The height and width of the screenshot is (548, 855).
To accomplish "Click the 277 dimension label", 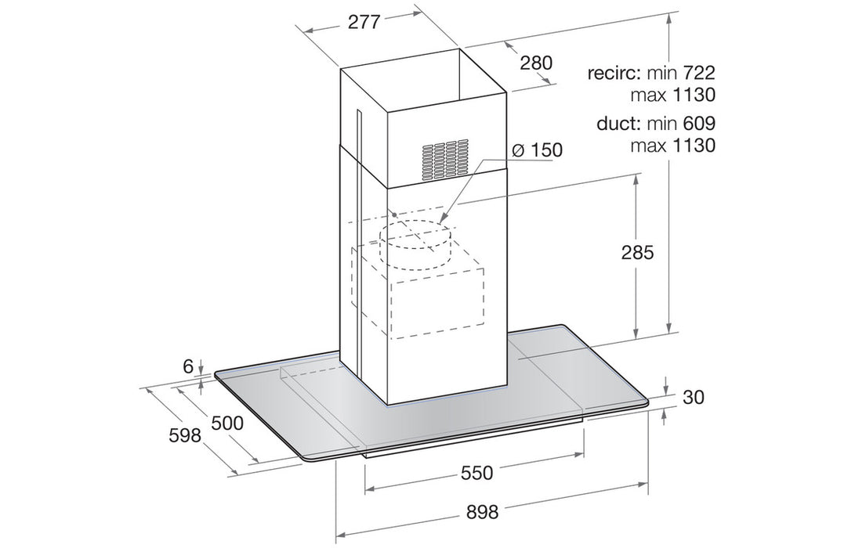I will (x=364, y=23).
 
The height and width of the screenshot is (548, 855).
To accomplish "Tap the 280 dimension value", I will (x=536, y=63).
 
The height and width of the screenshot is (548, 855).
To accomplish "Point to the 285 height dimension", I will (x=637, y=253).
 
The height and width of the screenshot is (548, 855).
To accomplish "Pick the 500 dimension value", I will (x=226, y=423).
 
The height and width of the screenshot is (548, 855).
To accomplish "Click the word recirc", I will (x=615, y=74).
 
